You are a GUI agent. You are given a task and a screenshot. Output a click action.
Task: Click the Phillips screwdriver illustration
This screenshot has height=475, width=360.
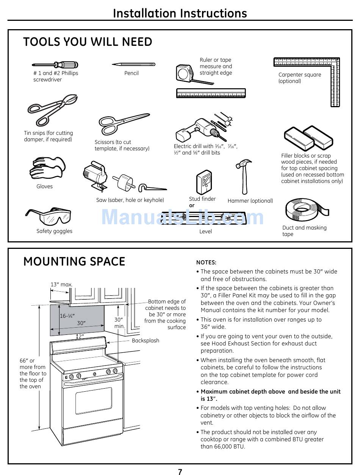tap(55, 65)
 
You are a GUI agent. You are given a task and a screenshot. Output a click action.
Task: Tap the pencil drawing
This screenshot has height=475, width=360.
tap(133, 64)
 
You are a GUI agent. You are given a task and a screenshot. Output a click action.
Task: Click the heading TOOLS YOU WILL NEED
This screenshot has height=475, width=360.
tap(88, 42)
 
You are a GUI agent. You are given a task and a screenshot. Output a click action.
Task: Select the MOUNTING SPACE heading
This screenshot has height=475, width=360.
tap(74, 262)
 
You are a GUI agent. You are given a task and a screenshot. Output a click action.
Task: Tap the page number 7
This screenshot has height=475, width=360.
tap(180, 472)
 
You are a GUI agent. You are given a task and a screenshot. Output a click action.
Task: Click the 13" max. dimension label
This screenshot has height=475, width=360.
tap(61, 284)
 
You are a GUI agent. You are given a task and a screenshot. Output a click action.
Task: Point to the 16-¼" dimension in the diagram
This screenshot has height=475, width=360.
tap(67, 316)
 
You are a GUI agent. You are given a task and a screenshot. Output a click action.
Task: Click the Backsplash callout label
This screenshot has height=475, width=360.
tap(146, 341)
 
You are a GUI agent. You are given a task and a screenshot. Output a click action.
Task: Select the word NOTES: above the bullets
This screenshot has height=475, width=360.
tap(206, 262)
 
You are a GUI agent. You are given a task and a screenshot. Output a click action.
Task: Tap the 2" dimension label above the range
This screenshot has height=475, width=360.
tap(81, 336)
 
